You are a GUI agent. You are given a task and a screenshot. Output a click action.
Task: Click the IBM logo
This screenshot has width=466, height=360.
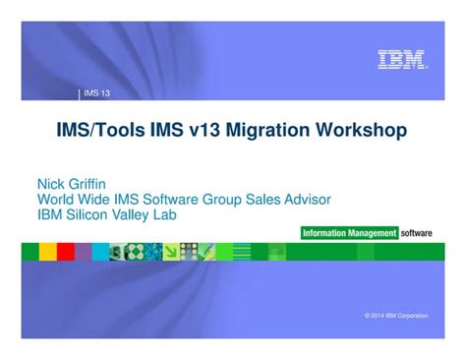click(402, 59)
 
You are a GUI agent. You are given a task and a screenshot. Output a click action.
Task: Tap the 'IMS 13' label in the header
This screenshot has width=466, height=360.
click(97, 93)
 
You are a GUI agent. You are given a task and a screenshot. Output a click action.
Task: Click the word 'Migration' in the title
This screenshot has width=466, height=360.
click(267, 129)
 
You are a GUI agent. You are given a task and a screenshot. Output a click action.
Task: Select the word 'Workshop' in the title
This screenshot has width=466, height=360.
click(361, 129)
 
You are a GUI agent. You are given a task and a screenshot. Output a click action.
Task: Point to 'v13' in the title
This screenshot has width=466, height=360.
click(204, 129)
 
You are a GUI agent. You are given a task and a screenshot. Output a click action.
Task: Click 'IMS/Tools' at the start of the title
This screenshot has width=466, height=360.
click(100, 129)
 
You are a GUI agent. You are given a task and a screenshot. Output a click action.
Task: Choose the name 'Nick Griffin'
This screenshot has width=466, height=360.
click(72, 184)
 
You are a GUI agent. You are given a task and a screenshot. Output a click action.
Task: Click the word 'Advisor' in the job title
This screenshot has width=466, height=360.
click(308, 200)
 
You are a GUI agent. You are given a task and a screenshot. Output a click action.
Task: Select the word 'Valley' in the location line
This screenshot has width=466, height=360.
click(129, 215)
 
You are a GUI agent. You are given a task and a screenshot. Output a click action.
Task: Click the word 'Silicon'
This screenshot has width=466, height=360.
click(87, 214)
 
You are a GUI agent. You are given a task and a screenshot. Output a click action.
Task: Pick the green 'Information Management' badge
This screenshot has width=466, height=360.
click(349, 233)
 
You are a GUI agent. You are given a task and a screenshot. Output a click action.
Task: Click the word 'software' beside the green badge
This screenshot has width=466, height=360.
click(416, 233)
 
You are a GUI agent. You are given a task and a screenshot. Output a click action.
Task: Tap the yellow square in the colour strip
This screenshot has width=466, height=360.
click(48, 252)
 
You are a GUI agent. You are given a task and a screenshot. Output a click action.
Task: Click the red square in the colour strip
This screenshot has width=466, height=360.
click(66, 252)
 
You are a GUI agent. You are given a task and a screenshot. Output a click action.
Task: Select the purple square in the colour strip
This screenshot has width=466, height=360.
click(84, 252)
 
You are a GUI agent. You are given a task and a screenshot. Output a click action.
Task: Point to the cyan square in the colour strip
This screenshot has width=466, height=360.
click(100, 252)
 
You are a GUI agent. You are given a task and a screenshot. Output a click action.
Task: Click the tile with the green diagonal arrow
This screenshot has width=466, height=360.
click(171, 252)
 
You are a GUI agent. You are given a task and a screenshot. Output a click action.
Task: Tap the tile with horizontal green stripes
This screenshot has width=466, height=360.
click(242, 252)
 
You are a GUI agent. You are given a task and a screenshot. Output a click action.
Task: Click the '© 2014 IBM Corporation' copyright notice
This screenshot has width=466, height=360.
click(396, 316)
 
